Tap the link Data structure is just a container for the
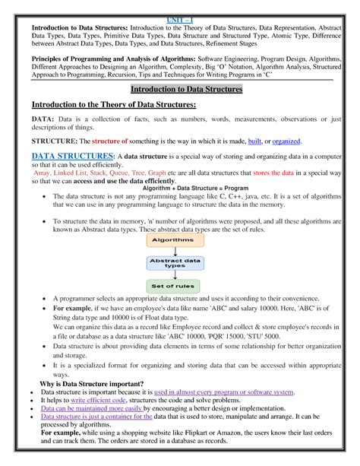pyautogui.click(x=92, y=417)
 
